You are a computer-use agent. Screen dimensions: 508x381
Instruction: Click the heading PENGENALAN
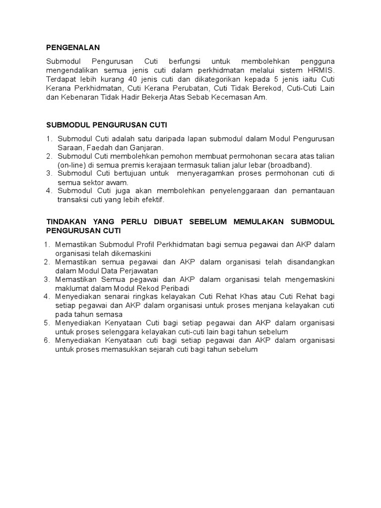[73, 48]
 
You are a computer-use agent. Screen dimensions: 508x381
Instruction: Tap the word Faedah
[101, 147]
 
